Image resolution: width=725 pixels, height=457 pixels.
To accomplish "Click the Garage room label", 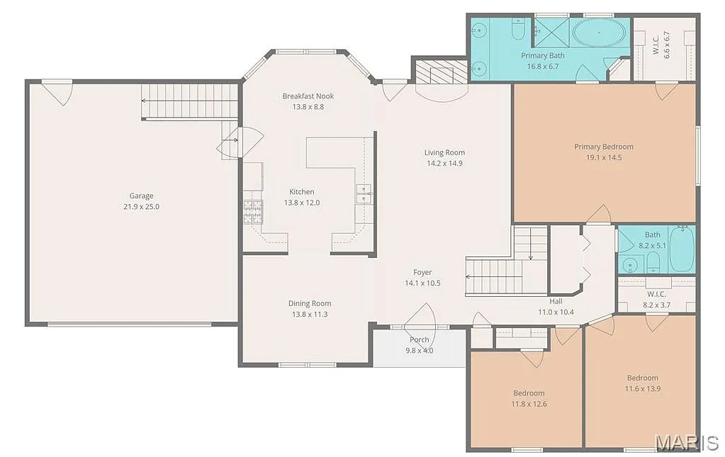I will (x=141, y=196).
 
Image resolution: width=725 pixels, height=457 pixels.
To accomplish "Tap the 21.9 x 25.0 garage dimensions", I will (x=141, y=206).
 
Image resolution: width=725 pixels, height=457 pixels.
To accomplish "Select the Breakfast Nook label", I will (x=308, y=96).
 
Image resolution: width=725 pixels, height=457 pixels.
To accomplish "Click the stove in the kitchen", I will (x=252, y=211).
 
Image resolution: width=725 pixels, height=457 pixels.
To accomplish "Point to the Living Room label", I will (x=444, y=152).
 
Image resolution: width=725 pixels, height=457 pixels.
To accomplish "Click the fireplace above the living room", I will (x=440, y=72).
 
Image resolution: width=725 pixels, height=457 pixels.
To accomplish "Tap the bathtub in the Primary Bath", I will (x=599, y=33).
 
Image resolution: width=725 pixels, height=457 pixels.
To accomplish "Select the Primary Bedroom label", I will (x=604, y=147).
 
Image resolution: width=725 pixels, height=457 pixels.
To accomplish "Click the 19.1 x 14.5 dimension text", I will (x=604, y=157).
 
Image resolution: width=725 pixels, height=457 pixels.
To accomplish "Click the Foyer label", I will (x=422, y=272).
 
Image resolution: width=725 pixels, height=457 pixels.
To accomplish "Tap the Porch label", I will (x=419, y=339).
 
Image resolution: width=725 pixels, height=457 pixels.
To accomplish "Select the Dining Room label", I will (x=310, y=303).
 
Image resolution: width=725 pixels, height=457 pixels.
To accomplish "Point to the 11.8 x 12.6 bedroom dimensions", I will (x=529, y=404).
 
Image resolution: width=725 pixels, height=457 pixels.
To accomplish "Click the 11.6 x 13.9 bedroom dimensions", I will (x=642, y=388).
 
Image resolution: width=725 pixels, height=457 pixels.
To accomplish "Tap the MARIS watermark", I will (x=686, y=443).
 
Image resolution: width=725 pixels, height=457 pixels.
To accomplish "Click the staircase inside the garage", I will (x=189, y=101).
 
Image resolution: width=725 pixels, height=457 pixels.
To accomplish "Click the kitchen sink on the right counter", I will (x=363, y=193).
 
